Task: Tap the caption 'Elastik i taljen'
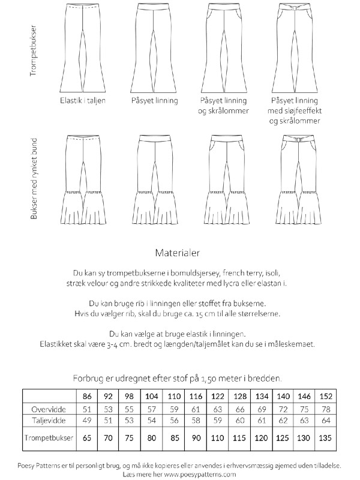(83, 101)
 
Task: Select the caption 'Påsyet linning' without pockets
(155, 101)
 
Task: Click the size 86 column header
(88, 397)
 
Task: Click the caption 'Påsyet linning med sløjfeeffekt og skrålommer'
(294, 110)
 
